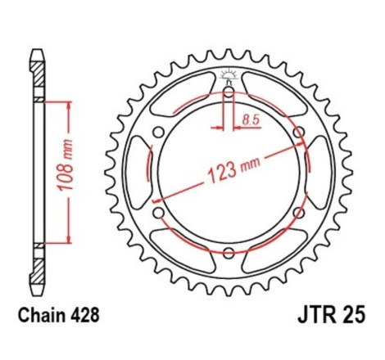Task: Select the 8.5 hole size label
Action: tap(251, 119)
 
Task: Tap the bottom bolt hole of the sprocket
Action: tap(228, 251)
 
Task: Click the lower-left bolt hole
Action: tap(158, 211)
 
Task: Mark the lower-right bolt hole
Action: tap(297, 211)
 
